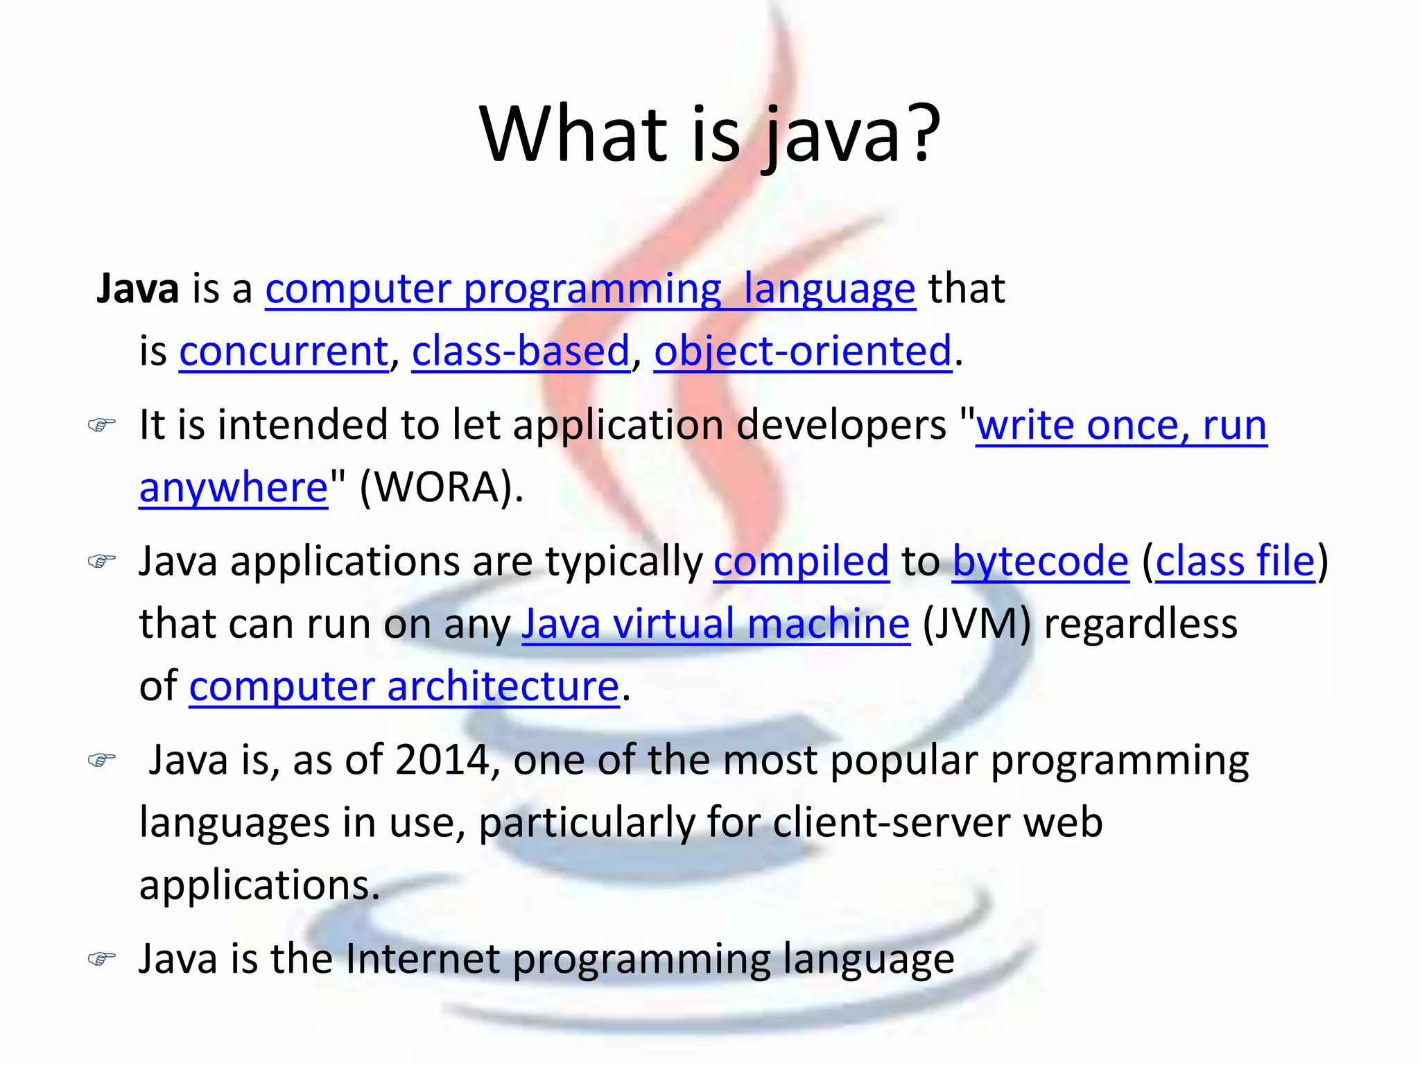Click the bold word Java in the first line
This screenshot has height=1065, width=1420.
138,288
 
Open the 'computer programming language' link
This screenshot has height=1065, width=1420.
590,289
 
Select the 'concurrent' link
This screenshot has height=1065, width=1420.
284,351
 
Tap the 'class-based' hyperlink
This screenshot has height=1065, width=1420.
521,351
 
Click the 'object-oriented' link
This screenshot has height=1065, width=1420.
803,351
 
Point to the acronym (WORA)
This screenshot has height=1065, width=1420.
441,487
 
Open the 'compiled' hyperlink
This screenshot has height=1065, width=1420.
801,561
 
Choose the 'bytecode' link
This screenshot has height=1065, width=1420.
1040,561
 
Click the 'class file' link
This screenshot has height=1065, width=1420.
1235,561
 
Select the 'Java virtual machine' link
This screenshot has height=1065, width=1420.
716,623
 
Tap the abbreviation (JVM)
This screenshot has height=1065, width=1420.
976,623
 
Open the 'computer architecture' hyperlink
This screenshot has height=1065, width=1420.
404,686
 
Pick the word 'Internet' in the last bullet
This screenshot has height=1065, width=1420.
422,959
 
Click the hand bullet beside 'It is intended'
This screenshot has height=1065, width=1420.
101,424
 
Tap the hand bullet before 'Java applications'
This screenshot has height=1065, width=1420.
101,560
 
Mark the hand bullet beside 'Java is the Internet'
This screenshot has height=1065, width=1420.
101,959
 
